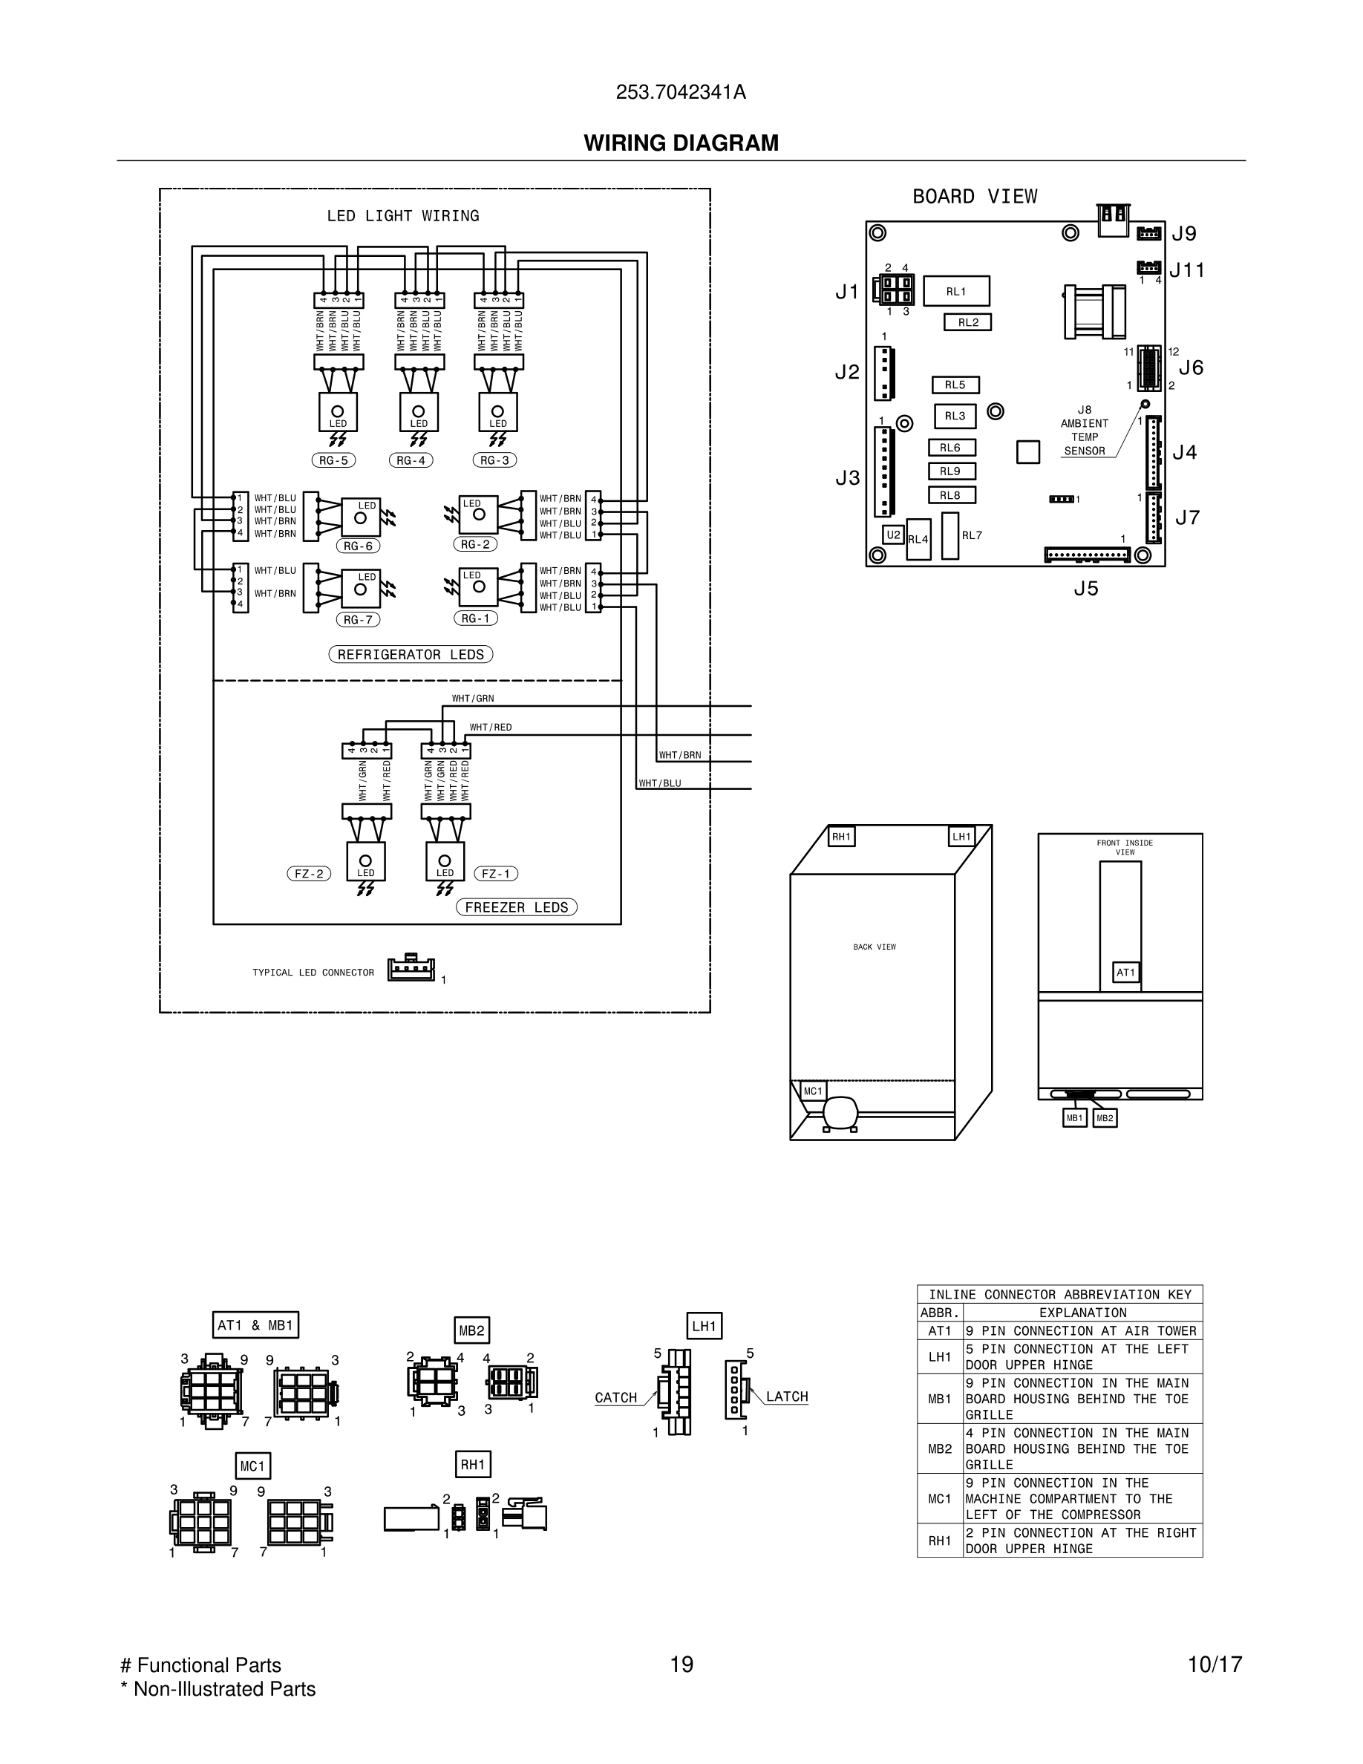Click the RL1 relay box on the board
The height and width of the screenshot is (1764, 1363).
[x=956, y=292]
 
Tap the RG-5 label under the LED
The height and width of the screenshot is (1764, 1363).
[x=333, y=460]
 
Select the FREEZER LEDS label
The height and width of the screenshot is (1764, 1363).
[x=517, y=907]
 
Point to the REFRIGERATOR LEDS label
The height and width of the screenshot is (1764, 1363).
[x=411, y=654]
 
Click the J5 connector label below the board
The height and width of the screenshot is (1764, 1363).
[x=1086, y=589]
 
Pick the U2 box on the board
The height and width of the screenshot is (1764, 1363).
[x=893, y=535]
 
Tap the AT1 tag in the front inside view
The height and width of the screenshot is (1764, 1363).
[x=1125, y=973]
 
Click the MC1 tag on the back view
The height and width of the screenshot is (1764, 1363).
[x=812, y=1091]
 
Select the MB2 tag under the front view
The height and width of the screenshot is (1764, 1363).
[x=1105, y=1118]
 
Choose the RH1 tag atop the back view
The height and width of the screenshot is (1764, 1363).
[x=841, y=837]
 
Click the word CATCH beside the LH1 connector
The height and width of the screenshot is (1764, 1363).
[x=616, y=1397]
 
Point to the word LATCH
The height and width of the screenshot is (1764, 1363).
[x=786, y=1396]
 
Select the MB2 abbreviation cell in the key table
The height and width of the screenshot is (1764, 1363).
[x=940, y=1448]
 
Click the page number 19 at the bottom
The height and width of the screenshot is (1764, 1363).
[x=681, y=1665]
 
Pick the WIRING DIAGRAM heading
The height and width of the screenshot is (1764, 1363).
[x=681, y=143]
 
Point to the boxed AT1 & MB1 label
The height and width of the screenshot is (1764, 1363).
[x=255, y=1324]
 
